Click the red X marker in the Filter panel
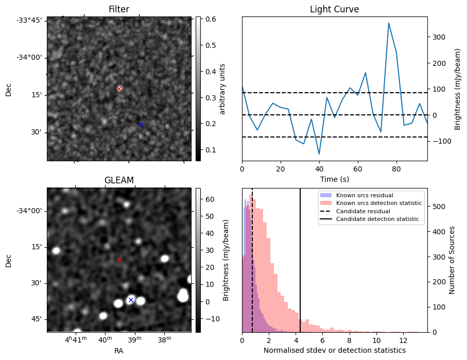(x=119, y=89)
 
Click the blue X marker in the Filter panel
(x=141, y=124)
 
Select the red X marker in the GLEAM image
(x=119, y=260)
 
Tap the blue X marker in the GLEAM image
(x=131, y=300)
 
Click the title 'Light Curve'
(x=334, y=9)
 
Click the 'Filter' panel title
(x=119, y=9)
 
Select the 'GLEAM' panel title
(x=119, y=180)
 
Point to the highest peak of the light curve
(x=389, y=23)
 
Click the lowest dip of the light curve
(x=319, y=154)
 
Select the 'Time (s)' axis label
(x=334, y=179)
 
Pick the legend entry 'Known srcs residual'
(x=364, y=195)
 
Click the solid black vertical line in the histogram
(x=300, y=268)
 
